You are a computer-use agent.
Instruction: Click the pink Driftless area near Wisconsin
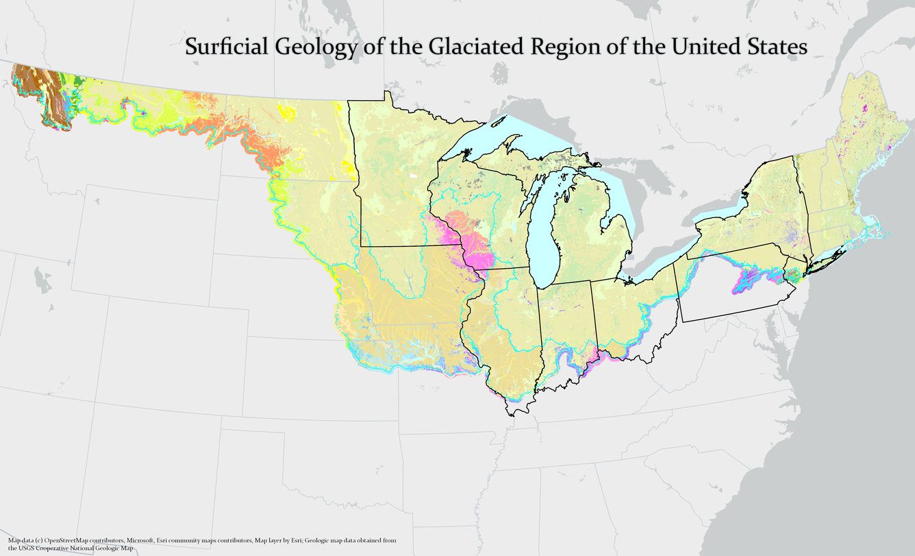coord(473,243)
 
